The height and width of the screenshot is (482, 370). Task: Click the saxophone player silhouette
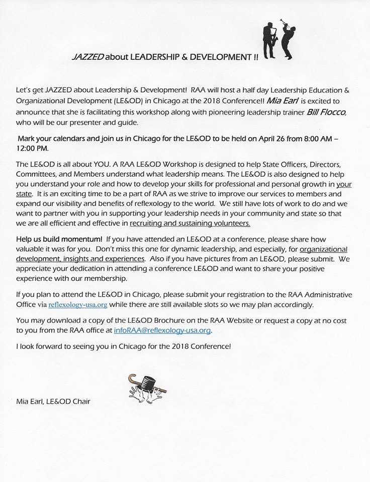[268, 39]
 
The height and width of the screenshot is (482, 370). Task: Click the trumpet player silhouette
[288, 39]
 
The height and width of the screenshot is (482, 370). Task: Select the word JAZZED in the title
[87, 58]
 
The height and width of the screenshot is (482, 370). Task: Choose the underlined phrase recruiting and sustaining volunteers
[190, 223]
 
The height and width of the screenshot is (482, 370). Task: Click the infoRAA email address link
[163, 331]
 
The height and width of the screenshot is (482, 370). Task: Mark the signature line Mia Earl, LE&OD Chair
[53, 401]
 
